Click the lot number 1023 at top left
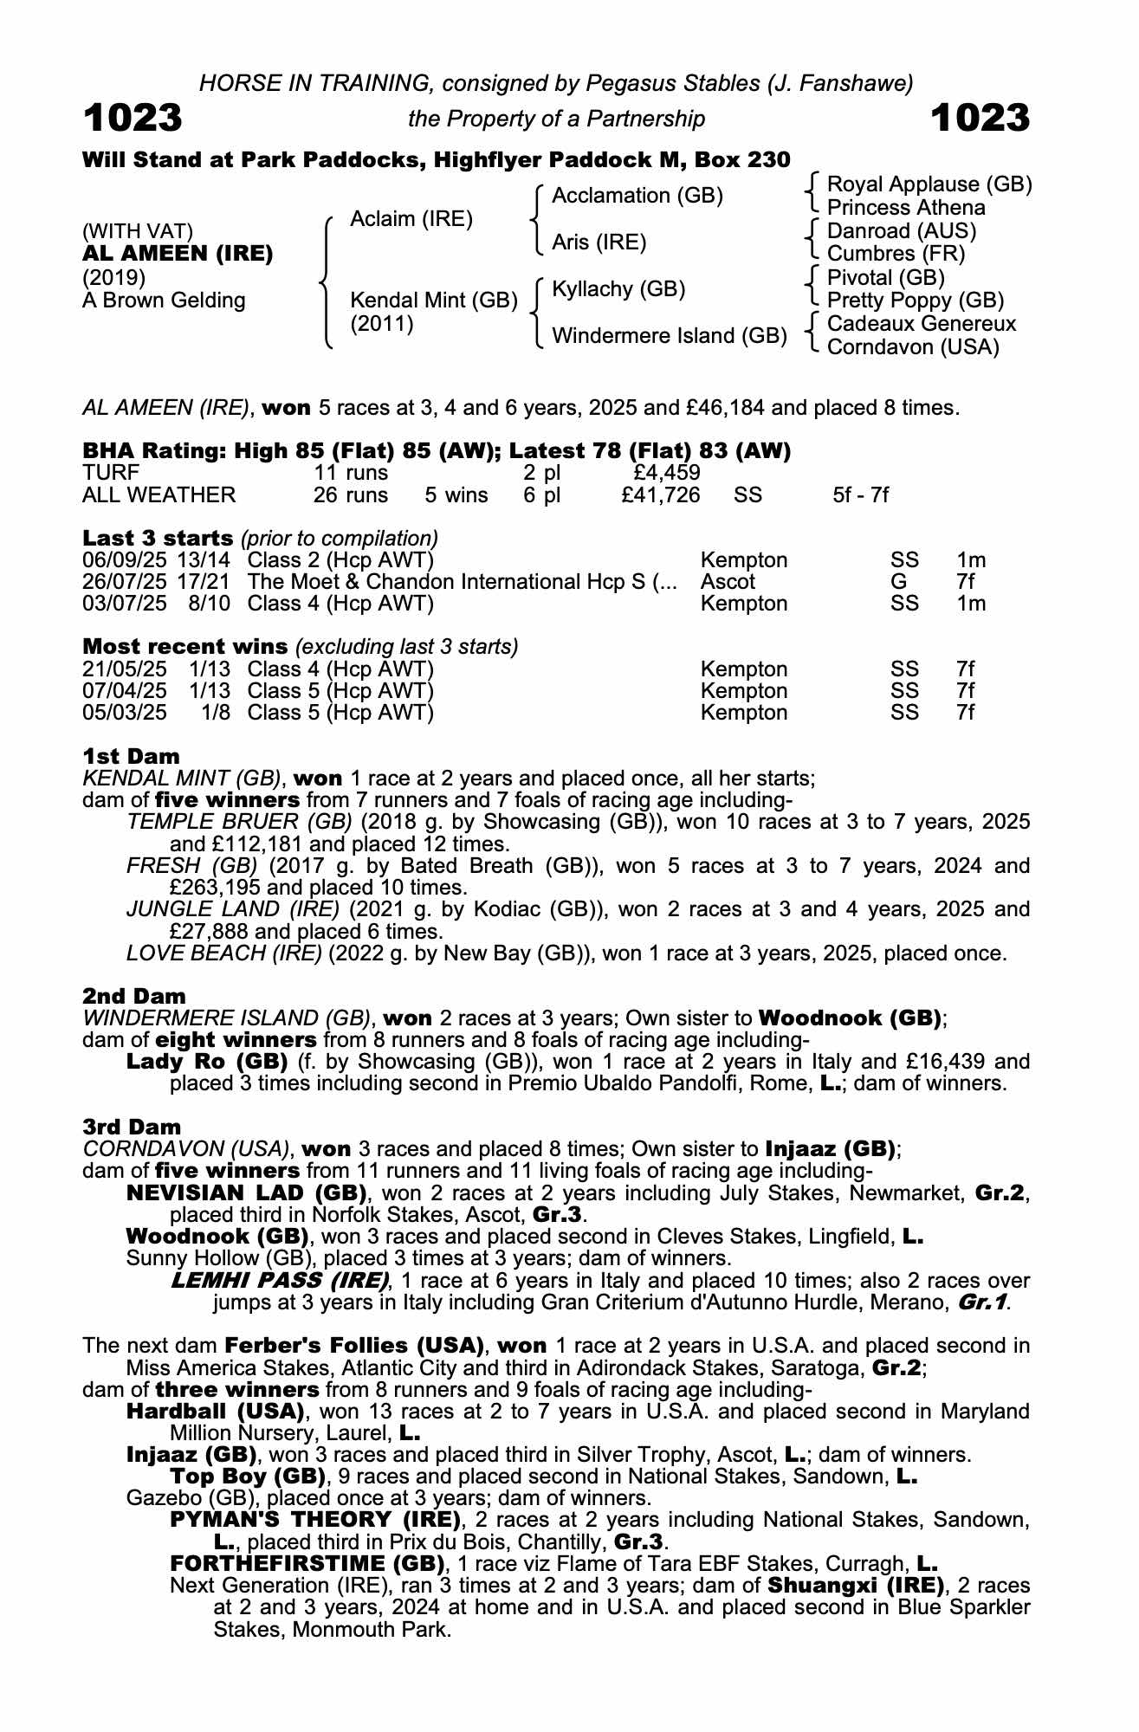point(133,118)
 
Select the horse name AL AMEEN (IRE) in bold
point(178,254)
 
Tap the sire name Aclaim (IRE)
point(411,219)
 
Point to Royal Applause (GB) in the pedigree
point(929,184)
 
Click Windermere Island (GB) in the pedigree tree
point(669,335)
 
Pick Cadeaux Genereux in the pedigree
point(922,324)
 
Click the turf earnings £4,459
point(667,473)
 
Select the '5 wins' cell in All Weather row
point(456,495)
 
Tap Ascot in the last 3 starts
point(728,582)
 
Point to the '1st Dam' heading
point(131,756)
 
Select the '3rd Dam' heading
point(132,1127)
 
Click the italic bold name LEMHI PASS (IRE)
point(279,1281)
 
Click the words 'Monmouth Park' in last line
point(372,1630)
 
